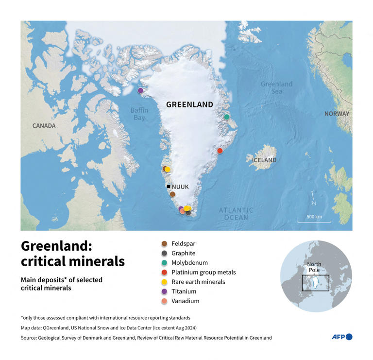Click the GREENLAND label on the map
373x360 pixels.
click(x=189, y=104)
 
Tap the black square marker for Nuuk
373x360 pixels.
click(x=169, y=187)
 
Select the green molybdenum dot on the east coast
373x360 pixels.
click(x=226, y=117)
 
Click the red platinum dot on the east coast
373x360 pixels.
click(x=220, y=151)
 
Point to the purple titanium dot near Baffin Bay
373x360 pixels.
click(x=140, y=91)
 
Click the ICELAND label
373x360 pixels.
click(x=264, y=160)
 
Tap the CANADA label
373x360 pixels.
click(x=44, y=126)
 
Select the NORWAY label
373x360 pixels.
click(x=337, y=114)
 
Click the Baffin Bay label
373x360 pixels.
click(x=139, y=114)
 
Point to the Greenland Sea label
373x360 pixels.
click(x=276, y=87)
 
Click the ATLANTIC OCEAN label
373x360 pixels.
click(x=236, y=214)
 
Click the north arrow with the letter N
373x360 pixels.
click(x=314, y=199)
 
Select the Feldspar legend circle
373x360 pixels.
click(x=164, y=244)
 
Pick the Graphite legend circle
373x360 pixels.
click(x=164, y=253)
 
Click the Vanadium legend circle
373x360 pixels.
click(x=164, y=301)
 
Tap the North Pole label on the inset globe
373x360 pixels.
click(x=314, y=268)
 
